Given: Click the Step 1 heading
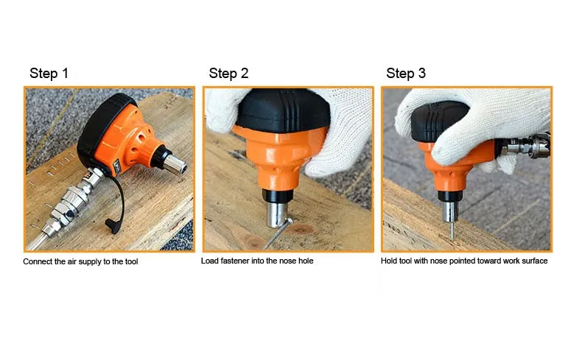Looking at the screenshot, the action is pos(49,74).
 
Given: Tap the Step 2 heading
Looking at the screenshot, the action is pos(228,74).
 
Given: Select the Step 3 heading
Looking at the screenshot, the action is pos(406,74).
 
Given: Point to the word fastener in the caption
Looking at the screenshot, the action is pos(235,261).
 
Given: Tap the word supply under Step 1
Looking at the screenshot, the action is pos(89,262).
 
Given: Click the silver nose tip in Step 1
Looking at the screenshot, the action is pos(175,164).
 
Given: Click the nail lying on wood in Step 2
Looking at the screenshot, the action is pos(277,233).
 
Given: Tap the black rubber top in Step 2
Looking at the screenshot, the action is pos(283,111).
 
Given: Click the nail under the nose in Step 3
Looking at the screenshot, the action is pos(452,231).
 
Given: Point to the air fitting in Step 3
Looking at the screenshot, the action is pos(523,146).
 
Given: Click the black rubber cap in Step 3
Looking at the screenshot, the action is pos(438,121).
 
